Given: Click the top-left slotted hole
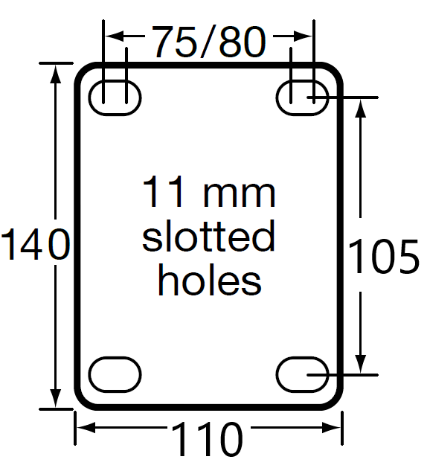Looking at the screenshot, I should point(115,96).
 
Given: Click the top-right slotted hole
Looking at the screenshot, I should point(303,96).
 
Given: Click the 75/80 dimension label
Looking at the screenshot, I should point(209,42).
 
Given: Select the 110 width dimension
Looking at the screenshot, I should point(208,440).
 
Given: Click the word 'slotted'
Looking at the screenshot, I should point(209,237).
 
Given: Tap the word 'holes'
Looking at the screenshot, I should point(210,281).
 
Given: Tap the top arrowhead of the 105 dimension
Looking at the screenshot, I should point(361,104).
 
